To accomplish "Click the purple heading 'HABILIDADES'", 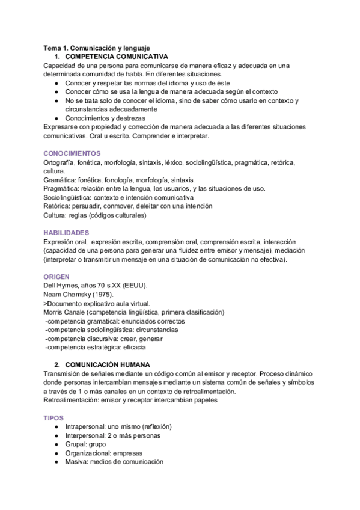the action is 67,232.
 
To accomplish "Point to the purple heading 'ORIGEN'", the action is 57,276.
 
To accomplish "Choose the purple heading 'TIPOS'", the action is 55,417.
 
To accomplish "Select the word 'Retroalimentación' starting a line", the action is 73,400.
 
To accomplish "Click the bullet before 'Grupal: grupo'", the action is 56,444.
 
